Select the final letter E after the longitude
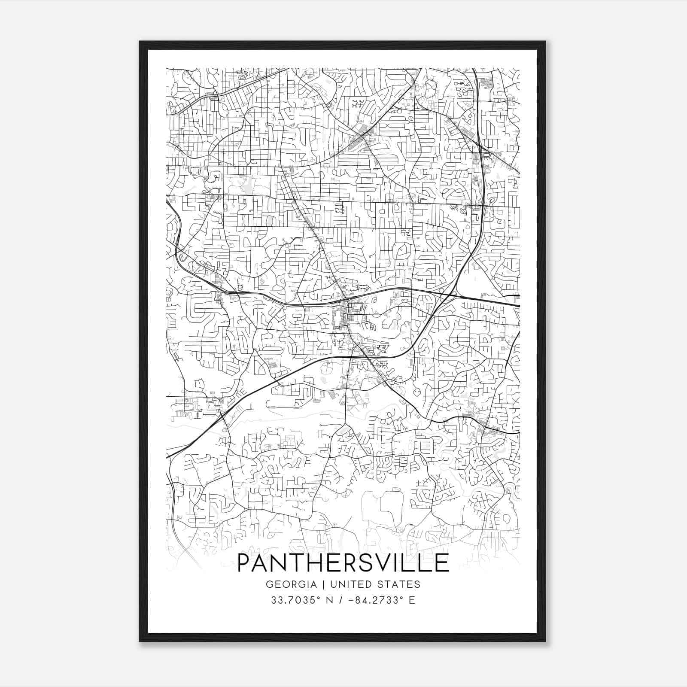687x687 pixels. point(412,600)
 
